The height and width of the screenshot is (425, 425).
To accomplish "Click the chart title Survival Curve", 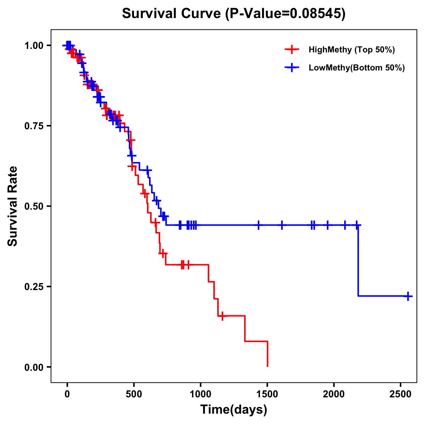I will pos(172,14).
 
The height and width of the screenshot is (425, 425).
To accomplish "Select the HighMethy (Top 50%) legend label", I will pos(351,50).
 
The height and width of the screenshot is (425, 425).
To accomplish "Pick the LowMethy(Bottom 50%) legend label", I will pos(357,68).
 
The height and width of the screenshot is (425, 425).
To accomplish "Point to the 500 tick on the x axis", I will pos(134,392).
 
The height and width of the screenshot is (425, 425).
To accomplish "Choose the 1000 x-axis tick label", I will pos(200,392).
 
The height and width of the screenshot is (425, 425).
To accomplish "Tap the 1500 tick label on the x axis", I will pos(267,392).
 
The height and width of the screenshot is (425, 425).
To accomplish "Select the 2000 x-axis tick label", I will pos(334,392).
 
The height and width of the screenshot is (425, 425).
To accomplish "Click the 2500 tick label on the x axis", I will pos(401,392).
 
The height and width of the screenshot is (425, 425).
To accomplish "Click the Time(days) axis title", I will pos(234,410).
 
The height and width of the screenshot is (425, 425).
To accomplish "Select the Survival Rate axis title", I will pos(13,206).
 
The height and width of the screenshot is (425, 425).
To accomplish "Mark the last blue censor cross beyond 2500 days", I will pos(408,296).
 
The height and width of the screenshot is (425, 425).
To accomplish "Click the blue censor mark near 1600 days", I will pos(282,225).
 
